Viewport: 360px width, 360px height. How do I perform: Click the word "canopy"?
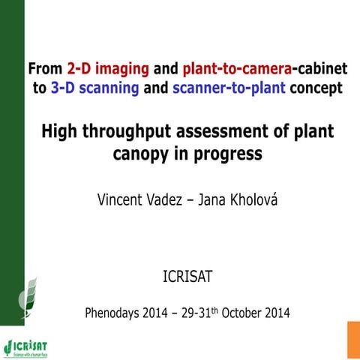point(139,154)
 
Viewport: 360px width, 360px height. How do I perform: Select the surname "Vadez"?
point(171,199)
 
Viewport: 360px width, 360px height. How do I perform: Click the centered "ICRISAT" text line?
point(187,277)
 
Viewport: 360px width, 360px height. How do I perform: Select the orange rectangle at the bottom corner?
point(352,340)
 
